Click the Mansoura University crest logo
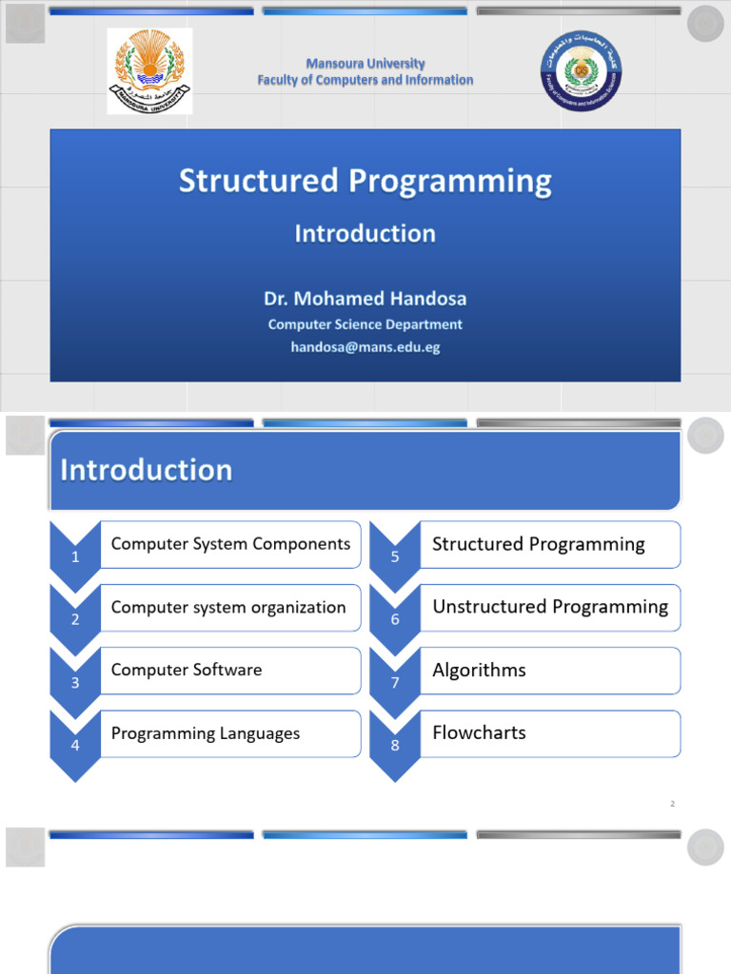click(x=148, y=70)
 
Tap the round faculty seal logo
click(x=580, y=71)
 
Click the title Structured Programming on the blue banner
click(x=365, y=182)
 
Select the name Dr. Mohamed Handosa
click(x=365, y=299)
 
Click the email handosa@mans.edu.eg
click(x=365, y=347)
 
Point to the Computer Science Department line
click(x=365, y=324)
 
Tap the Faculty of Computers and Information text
click(x=365, y=80)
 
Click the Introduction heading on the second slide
click(x=147, y=470)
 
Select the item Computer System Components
click(x=230, y=544)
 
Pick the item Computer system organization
click(x=228, y=607)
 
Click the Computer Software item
click(x=187, y=670)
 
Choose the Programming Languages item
click(x=206, y=733)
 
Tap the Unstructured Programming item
click(x=550, y=607)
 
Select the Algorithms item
click(x=479, y=670)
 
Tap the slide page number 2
click(x=672, y=804)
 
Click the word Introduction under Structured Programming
click(x=365, y=234)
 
